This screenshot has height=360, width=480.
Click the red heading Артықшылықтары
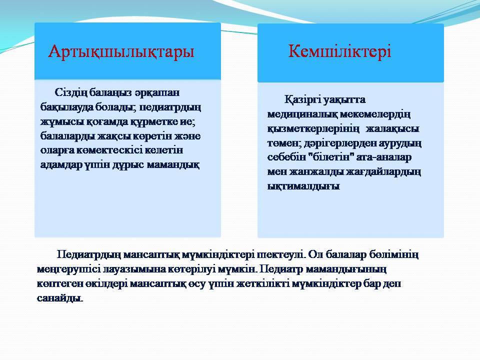(121, 51)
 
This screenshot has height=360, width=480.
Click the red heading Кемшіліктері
(339, 51)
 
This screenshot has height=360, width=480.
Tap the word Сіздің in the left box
(71, 93)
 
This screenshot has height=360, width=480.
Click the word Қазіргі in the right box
(301, 100)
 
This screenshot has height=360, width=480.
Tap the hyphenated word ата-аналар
(384, 157)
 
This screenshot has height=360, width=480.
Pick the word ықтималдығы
(303, 186)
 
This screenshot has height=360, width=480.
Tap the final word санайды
(60, 298)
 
